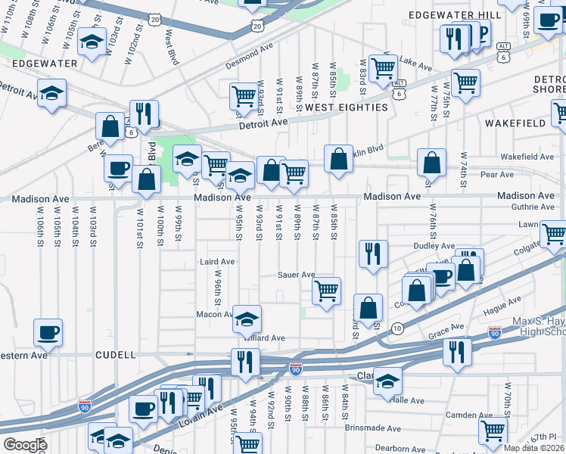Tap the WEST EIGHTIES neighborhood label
point(347,107)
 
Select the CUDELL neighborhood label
point(116,354)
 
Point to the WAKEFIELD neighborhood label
point(515,123)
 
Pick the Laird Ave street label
point(217,262)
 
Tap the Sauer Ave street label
point(296,275)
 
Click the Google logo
point(25,445)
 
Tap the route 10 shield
point(397,328)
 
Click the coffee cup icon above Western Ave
point(48,331)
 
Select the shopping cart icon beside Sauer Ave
point(326,290)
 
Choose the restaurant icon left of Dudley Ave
point(372,253)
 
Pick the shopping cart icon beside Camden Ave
point(493,430)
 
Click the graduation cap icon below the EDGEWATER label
point(51,93)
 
